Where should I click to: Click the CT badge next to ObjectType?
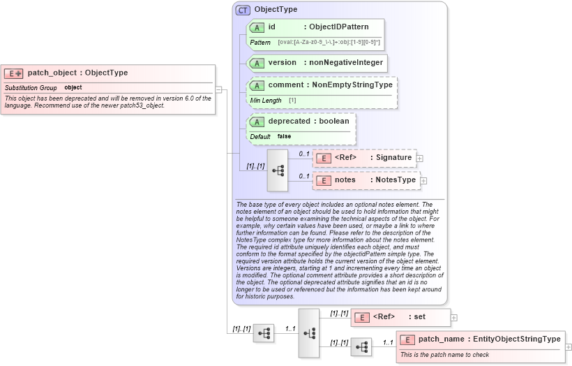pyautogui.click(x=243, y=10)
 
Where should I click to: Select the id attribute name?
pyautogui.click(x=272, y=27)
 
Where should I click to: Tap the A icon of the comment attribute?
pyautogui.click(x=256, y=86)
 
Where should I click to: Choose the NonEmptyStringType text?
pyautogui.click(x=352, y=85)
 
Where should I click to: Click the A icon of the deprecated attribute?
pyautogui.click(x=256, y=122)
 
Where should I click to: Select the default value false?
pyautogui.click(x=284, y=136)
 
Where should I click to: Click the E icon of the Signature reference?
pyautogui.click(x=323, y=158)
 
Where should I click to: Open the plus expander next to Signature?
pyautogui.click(x=419, y=159)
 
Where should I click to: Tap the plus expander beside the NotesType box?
pyautogui.click(x=423, y=181)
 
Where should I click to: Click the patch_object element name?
pyautogui.click(x=52, y=73)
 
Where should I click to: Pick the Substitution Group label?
pyautogui.click(x=31, y=88)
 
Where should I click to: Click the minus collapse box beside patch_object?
pyautogui.click(x=218, y=89)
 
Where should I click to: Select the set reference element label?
pyautogui.click(x=419, y=317)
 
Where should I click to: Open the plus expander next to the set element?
pyautogui.click(x=454, y=317)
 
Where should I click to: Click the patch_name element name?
pyautogui.click(x=440, y=339)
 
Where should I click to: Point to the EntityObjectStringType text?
pyautogui.click(x=516, y=339)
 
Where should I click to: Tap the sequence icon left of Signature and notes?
pyautogui.click(x=278, y=170)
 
